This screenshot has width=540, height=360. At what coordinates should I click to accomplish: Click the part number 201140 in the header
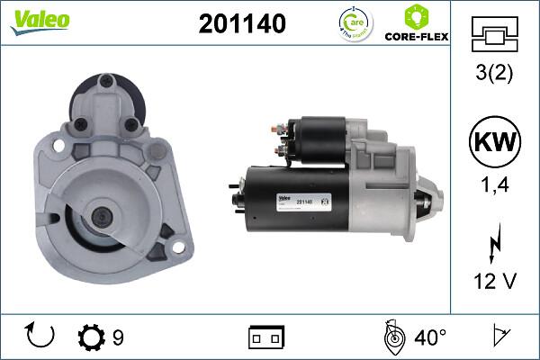click(242, 24)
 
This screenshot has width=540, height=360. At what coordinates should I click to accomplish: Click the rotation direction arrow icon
click(41, 337)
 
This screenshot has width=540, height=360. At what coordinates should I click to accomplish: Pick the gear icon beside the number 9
click(91, 337)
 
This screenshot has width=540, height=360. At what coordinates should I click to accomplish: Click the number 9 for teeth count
click(118, 337)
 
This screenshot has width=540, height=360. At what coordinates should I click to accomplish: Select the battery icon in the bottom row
click(267, 337)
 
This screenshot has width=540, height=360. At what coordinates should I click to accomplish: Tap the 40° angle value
click(429, 337)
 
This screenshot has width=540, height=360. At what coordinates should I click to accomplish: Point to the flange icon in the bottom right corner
click(499, 337)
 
